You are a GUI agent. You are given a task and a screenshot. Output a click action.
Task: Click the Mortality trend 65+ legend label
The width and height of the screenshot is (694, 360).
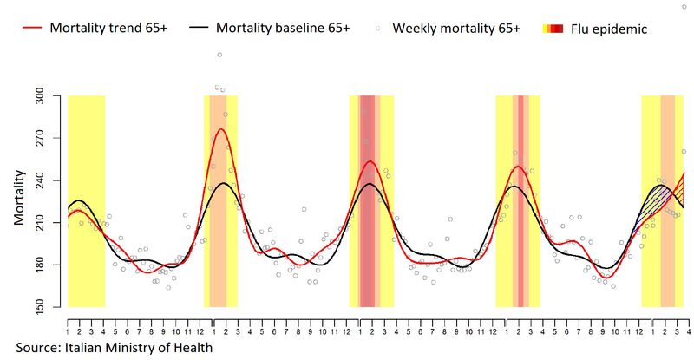click(x=108, y=28)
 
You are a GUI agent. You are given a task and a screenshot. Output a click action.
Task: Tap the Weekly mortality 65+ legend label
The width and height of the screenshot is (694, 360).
click(x=456, y=28)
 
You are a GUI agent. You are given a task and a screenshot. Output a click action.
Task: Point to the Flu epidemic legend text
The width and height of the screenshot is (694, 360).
click(x=609, y=29)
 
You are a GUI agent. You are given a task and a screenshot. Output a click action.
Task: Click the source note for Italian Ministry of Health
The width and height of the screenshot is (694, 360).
click(x=114, y=348)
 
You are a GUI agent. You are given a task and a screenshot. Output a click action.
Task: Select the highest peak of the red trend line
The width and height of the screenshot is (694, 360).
click(x=221, y=129)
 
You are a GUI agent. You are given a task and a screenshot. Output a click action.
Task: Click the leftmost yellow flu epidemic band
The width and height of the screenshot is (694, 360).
click(x=86, y=200)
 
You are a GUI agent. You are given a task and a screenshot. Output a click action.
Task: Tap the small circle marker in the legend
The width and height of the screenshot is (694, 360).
click(x=378, y=29)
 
